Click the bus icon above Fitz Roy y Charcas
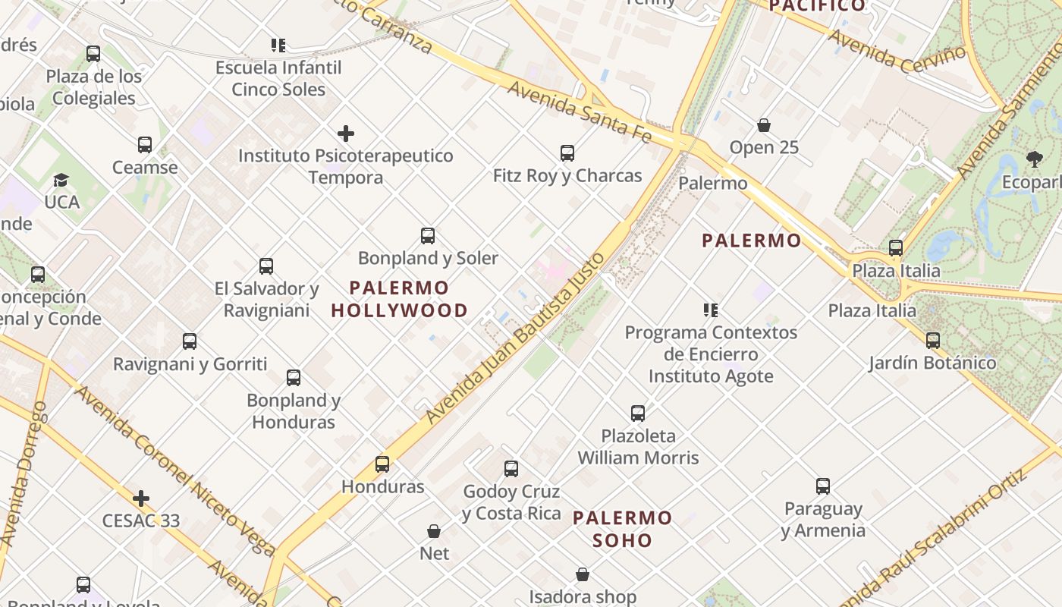click(x=567, y=153)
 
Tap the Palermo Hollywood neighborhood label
click(x=400, y=299)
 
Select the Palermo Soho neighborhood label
click(x=623, y=529)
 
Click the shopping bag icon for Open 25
click(x=764, y=125)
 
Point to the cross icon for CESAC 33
click(x=140, y=498)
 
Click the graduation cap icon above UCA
click(x=61, y=180)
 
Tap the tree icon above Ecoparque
click(x=1034, y=159)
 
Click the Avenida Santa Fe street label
click(x=580, y=112)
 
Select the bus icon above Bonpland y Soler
click(x=428, y=236)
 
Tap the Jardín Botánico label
click(x=932, y=363)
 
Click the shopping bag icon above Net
click(x=434, y=531)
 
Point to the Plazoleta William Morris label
click(x=638, y=447)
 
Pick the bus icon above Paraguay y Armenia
click(x=823, y=486)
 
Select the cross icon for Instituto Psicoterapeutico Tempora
click(x=346, y=134)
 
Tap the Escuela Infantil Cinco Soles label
click(x=278, y=78)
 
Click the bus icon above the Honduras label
click(x=382, y=464)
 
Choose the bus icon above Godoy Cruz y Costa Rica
click(x=511, y=469)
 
